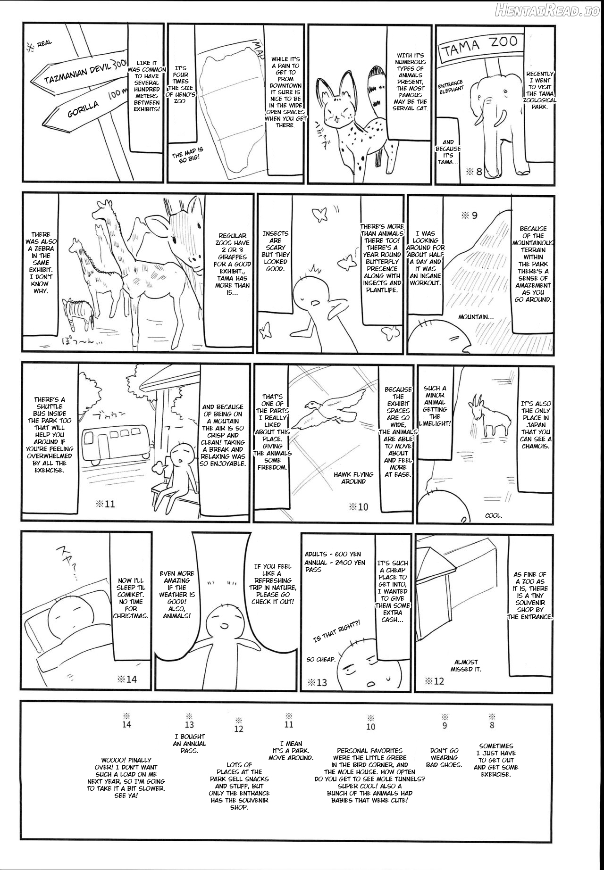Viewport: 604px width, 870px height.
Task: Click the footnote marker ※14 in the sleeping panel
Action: click(x=126, y=679)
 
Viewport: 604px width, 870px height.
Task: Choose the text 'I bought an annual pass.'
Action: click(x=189, y=744)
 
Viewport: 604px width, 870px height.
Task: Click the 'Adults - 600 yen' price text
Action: click(x=333, y=555)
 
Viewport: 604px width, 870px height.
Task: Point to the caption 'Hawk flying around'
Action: click(x=353, y=478)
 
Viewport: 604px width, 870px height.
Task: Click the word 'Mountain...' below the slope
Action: click(x=476, y=317)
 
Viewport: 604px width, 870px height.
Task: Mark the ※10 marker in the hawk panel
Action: click(x=359, y=507)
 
